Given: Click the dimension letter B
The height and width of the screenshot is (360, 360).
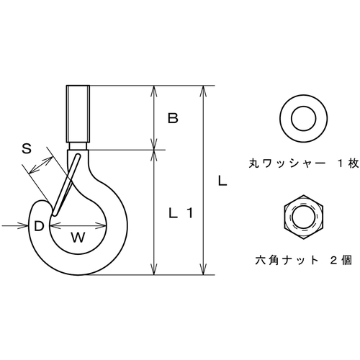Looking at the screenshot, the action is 173,118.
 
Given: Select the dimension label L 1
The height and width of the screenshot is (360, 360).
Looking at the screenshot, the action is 181,213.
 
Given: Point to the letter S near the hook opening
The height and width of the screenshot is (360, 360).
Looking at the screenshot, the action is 27,148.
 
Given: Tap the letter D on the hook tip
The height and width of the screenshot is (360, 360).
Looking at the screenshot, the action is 39,226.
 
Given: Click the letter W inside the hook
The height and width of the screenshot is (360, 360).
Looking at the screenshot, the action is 78,238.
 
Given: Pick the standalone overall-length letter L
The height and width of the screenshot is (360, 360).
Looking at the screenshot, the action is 222,181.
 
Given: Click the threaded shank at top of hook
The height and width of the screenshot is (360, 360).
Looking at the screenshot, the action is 78,114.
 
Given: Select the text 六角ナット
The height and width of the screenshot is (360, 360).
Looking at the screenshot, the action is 287,260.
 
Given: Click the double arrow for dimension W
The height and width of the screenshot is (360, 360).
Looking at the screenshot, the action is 78,225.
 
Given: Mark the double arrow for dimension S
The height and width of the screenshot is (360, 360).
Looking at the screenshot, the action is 40,165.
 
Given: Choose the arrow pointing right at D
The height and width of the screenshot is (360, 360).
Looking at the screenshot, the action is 15,226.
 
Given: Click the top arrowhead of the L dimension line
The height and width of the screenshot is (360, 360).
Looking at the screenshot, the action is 203,91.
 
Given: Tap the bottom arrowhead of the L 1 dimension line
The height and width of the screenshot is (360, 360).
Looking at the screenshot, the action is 154,269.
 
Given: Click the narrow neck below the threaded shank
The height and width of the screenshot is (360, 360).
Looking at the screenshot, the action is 78,146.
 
